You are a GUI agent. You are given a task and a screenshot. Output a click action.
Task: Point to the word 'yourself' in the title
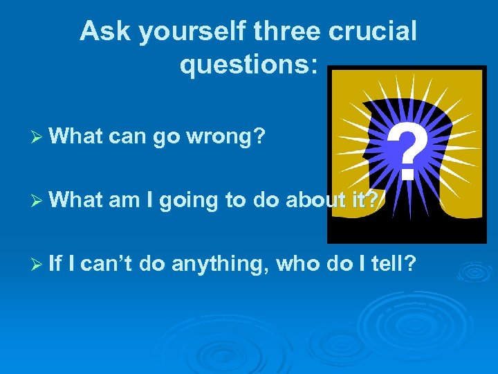[x=185, y=33]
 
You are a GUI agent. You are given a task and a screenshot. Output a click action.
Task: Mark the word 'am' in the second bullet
[x=124, y=201]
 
